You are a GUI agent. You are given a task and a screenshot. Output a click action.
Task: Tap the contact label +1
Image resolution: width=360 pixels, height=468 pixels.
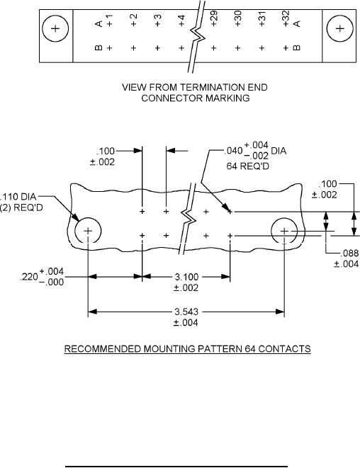(x=109, y=21)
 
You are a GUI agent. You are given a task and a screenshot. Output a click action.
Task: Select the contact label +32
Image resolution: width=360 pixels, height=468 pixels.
(x=286, y=18)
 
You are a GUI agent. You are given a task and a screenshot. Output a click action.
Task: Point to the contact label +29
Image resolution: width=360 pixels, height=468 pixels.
(x=213, y=18)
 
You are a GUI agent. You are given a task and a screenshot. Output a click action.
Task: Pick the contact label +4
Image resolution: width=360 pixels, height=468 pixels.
(x=181, y=21)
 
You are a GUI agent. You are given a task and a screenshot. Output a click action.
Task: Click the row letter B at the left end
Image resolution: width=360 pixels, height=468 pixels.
(x=99, y=47)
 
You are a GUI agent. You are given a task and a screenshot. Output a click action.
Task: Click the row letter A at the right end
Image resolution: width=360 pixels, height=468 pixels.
(x=296, y=23)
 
